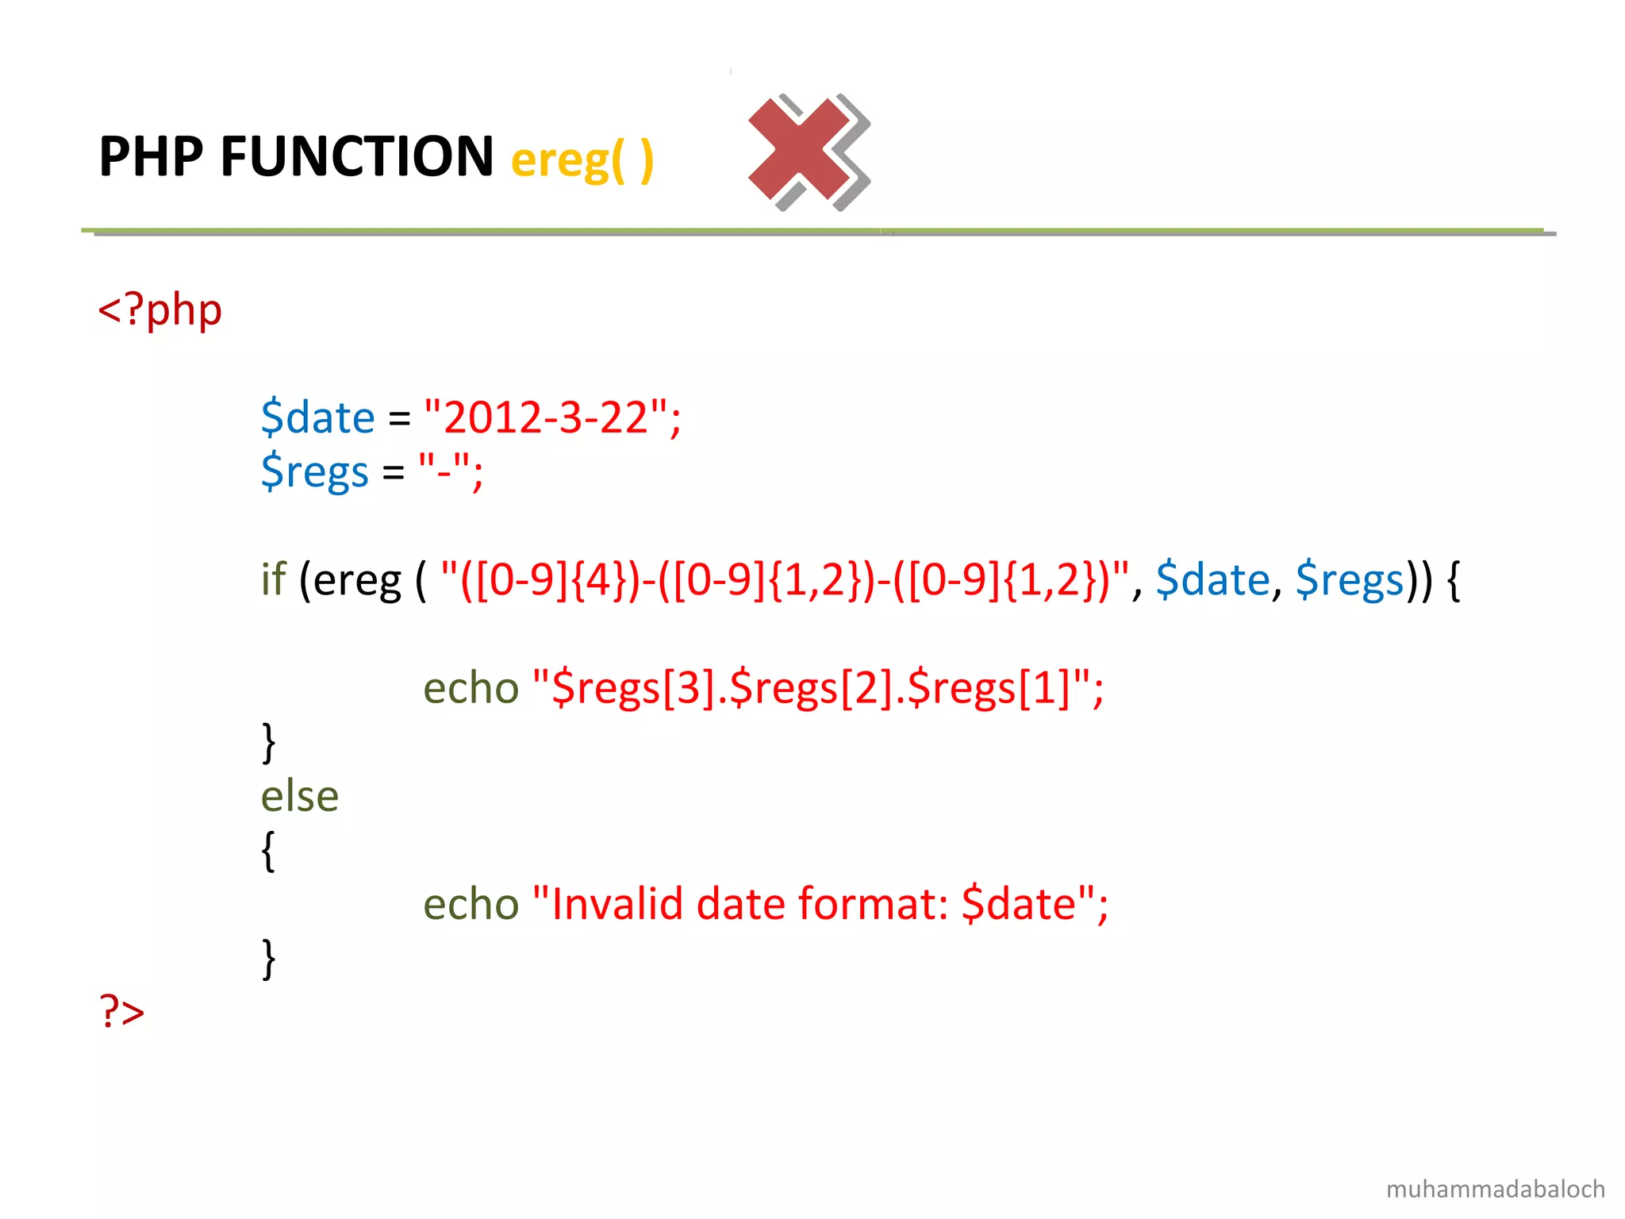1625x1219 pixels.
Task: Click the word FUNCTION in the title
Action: [x=357, y=156]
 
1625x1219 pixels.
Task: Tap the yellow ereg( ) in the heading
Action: [x=582, y=160]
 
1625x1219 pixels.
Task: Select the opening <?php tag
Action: [x=159, y=310]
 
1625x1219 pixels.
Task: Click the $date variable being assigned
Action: [x=317, y=417]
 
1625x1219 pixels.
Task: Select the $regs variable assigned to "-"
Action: [x=314, y=471]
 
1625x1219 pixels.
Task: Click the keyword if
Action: [x=273, y=579]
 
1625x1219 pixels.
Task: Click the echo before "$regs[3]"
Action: [x=471, y=687]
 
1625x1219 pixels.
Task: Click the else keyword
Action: [x=299, y=796]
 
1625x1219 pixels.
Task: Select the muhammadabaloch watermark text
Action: [x=1495, y=1189]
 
